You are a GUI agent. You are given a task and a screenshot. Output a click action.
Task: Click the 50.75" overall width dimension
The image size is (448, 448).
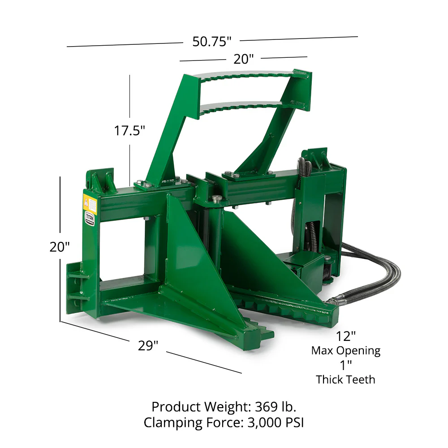pos(211,42)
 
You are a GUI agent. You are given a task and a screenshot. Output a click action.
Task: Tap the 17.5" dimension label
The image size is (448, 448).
pos(129,131)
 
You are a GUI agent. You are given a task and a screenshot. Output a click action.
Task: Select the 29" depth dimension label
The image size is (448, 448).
pos(148,346)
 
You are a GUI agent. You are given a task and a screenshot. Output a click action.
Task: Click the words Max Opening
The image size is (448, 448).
pos(346,350)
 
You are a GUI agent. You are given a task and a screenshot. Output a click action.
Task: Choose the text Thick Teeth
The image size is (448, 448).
pos(345,379)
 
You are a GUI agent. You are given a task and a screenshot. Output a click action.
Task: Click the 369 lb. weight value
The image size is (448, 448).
pos(276,407)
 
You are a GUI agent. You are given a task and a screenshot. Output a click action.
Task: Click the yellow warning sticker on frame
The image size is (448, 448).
pos(90,205)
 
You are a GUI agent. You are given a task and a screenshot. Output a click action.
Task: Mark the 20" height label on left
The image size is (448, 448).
pos(60,247)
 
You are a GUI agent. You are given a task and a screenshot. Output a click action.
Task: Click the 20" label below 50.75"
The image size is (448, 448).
pos(243,59)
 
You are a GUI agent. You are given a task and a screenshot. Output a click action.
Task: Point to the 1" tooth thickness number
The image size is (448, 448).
pos(345,365)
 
